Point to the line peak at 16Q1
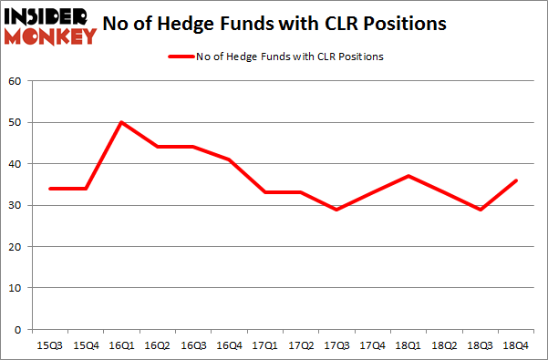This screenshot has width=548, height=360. [120, 122]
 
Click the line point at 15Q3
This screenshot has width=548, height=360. [49, 189]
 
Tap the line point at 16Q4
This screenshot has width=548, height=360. [228, 159]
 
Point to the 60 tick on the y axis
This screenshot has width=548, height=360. [16, 81]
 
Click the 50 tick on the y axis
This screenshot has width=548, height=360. [16, 123]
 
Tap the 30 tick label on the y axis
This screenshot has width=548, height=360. [16, 206]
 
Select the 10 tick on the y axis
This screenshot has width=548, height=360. [16, 288]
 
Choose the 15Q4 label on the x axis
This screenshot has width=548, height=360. [85, 346]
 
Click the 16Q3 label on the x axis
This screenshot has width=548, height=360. [192, 346]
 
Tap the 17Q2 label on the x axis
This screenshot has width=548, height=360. [299, 346]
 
